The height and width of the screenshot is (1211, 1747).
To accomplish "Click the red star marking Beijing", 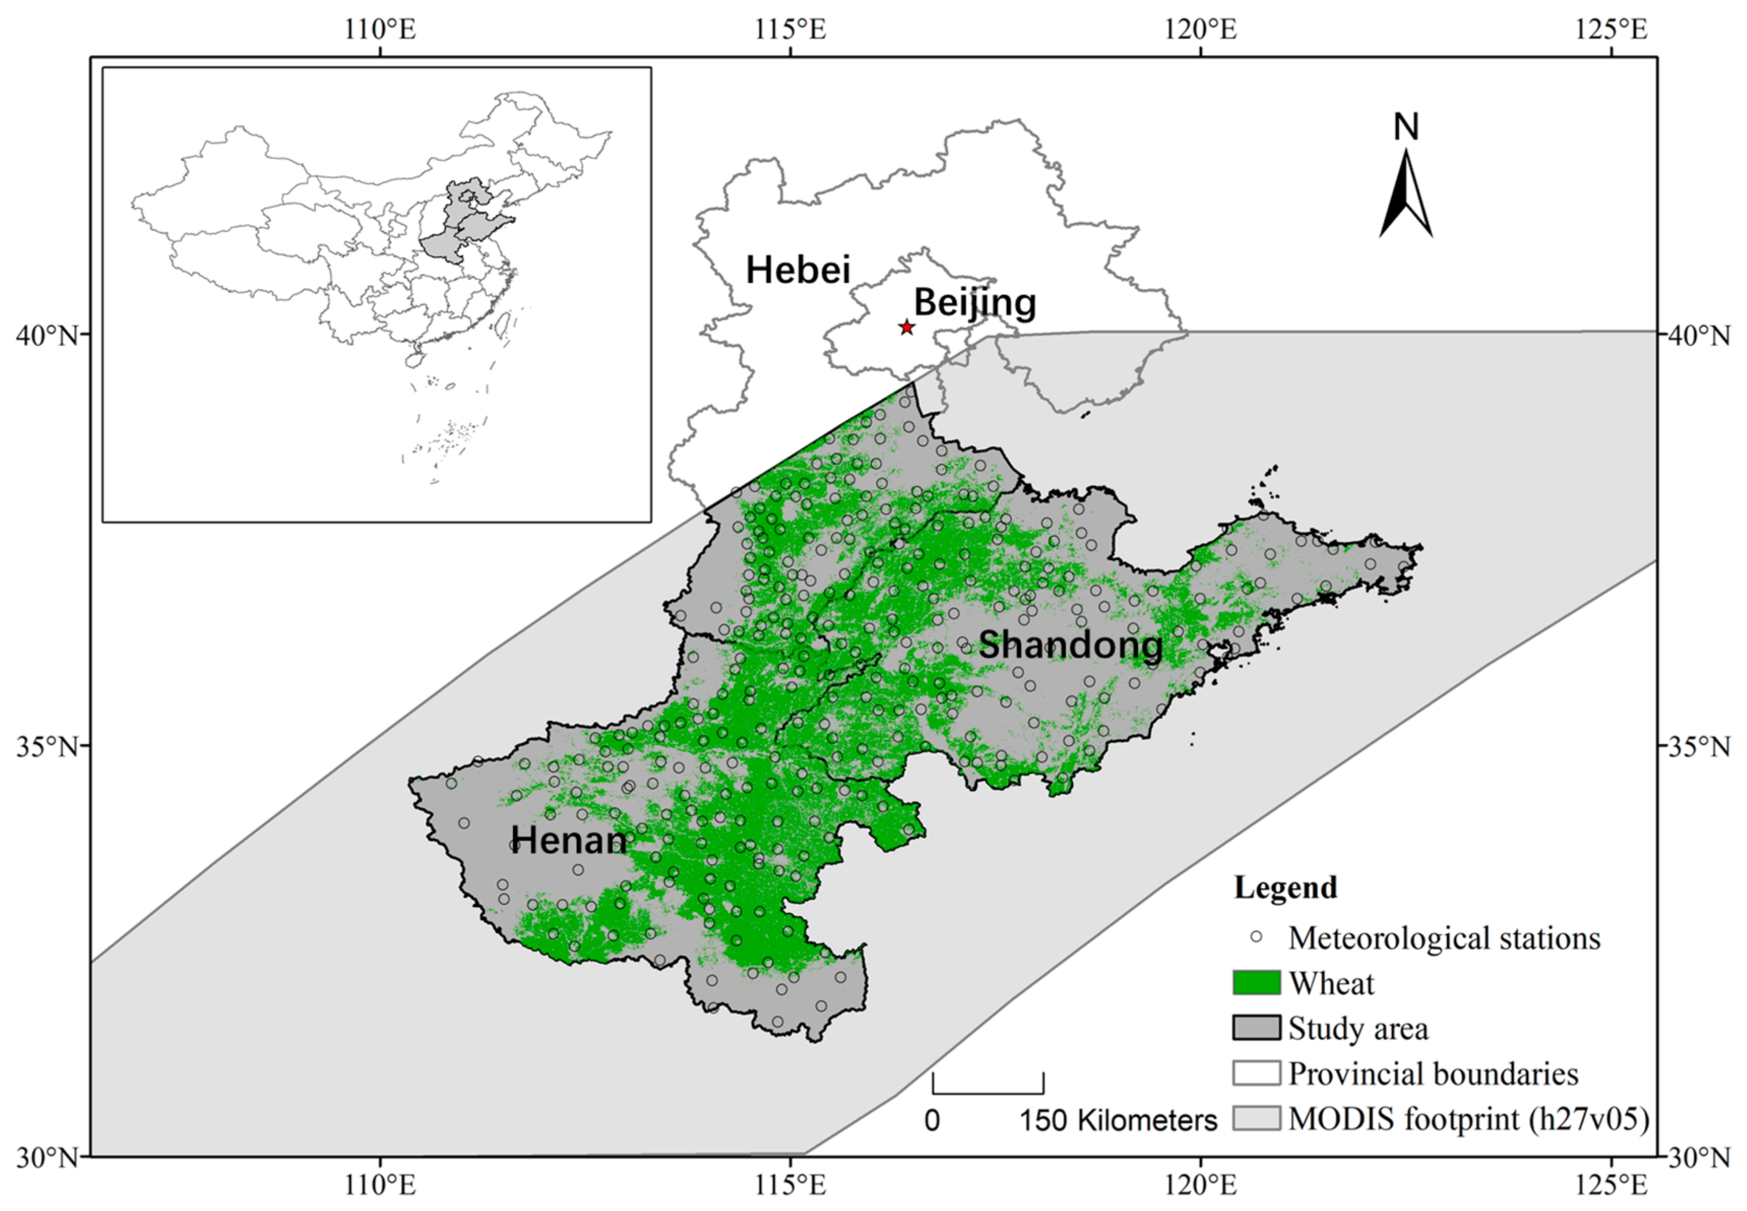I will [906, 327].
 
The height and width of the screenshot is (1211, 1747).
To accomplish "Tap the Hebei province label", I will [798, 270].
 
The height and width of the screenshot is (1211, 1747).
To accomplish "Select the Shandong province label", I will [1070, 645].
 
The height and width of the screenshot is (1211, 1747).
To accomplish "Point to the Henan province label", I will [569, 840].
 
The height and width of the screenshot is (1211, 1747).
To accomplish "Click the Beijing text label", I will [975, 303].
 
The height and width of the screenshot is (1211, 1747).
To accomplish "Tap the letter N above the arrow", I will [1406, 127].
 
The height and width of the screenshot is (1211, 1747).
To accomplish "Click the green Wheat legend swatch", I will [1256, 982].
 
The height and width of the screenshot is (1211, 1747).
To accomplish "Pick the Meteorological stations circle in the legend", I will [1256, 937].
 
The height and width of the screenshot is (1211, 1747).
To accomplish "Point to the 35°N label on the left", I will [47, 746].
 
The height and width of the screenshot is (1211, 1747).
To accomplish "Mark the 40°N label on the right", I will [1698, 335].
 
